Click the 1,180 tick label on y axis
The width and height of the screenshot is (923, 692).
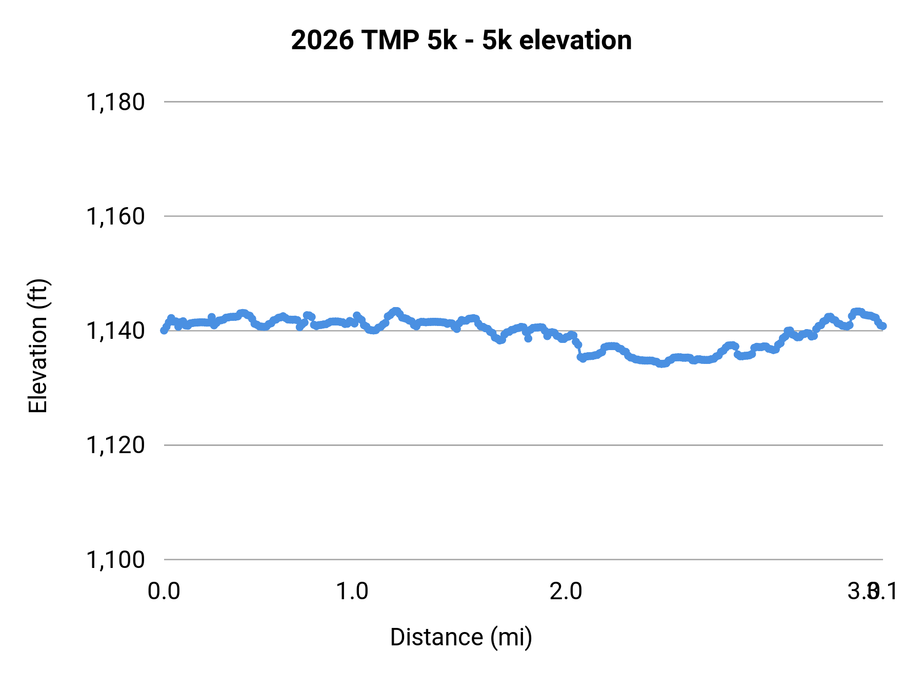click(115, 103)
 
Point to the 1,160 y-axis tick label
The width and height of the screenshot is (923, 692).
click(115, 217)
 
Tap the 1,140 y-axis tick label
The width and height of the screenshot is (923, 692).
click(115, 331)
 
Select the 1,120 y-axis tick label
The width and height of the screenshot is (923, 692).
click(115, 445)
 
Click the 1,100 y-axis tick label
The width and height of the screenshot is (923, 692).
click(115, 560)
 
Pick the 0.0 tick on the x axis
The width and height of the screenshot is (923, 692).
click(164, 592)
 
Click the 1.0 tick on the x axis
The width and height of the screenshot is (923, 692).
click(352, 592)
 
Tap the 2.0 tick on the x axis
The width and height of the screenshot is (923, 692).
click(566, 592)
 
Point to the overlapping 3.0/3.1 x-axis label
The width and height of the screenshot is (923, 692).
click(872, 592)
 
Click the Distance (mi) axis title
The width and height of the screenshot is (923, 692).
click(461, 637)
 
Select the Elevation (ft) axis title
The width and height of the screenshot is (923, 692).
click(38, 346)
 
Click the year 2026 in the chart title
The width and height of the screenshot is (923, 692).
click(322, 40)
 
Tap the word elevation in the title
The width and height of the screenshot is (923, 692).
click(575, 40)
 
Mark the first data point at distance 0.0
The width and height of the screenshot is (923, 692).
click(164, 330)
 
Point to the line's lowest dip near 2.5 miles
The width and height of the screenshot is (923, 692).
click(661, 364)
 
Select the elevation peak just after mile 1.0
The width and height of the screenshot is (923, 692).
click(395, 311)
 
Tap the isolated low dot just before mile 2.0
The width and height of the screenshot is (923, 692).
click(528, 338)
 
